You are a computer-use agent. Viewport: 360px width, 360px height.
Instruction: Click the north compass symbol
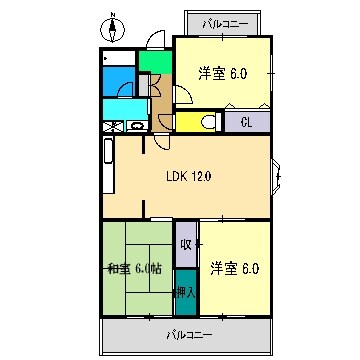[x=113, y=27]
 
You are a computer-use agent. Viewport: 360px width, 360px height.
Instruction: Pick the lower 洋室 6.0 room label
[x=234, y=267]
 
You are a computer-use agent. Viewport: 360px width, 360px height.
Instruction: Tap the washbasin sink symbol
[x=135, y=126]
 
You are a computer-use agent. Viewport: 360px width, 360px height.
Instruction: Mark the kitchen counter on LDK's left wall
[x=108, y=164]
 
